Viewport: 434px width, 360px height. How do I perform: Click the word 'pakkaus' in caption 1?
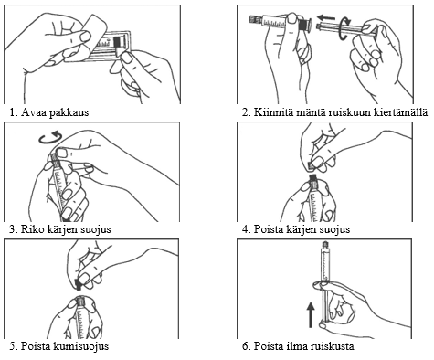[69, 112]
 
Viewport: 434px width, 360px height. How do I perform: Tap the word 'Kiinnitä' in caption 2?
[270, 112]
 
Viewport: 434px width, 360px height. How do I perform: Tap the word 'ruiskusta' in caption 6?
[333, 346]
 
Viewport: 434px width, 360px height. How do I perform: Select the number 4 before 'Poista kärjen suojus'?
[245, 229]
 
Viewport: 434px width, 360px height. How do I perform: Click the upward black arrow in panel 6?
[311, 314]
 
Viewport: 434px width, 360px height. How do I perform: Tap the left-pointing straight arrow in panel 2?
[325, 17]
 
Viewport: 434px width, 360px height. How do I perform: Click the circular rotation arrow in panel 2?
[344, 28]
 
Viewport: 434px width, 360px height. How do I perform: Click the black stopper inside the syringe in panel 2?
[302, 24]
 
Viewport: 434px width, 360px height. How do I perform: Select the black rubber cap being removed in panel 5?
[79, 284]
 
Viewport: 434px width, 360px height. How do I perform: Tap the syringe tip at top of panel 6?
[326, 245]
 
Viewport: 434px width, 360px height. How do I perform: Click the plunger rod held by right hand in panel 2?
[344, 28]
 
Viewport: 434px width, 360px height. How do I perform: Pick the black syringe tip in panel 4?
[312, 178]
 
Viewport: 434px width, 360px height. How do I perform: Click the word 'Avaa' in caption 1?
[34, 112]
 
